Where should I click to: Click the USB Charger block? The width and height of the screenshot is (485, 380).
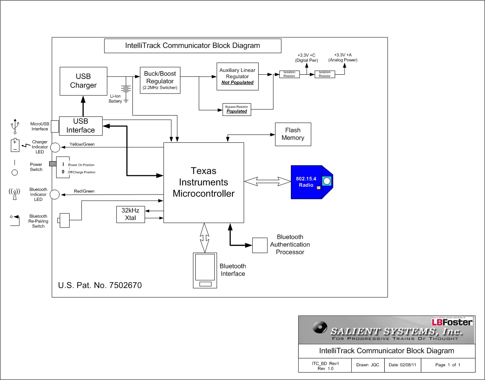83,81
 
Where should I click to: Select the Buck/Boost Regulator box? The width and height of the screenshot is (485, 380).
160,80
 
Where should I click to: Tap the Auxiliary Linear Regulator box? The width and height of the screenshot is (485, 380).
237,76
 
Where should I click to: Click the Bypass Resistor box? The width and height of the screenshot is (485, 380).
237,109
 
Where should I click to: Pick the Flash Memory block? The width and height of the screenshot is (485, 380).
293,134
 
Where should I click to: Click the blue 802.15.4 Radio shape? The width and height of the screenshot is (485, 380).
309,182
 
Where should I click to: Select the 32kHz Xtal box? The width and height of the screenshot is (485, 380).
130,215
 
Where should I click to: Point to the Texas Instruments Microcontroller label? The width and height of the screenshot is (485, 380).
204,182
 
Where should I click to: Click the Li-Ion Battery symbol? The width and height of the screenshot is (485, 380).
126,90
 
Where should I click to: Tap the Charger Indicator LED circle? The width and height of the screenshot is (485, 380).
55,147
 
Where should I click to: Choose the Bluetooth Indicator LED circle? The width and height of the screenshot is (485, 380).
55,195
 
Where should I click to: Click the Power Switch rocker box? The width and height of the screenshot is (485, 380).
63,167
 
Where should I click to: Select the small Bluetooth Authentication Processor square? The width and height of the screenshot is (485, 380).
260,245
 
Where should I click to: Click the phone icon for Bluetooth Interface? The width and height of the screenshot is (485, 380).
205,270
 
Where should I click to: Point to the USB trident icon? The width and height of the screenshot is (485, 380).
15,126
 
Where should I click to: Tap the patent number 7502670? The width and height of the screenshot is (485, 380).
125,285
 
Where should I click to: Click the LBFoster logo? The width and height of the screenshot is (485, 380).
452,322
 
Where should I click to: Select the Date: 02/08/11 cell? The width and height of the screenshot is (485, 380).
402,365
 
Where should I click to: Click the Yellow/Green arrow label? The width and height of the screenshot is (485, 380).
82,144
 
